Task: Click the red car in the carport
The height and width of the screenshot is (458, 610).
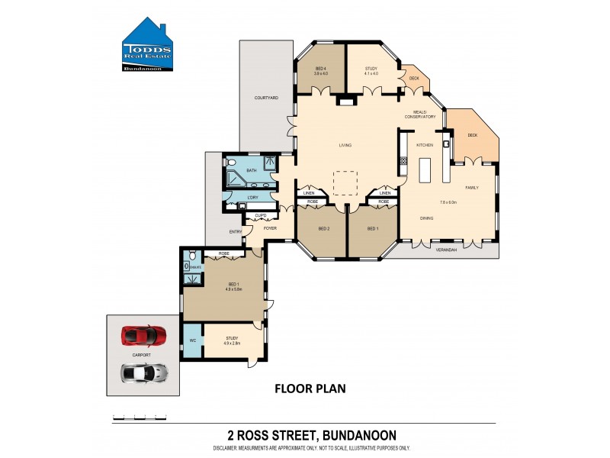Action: coord(143,335)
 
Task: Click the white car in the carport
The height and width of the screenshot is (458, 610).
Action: coord(143,373)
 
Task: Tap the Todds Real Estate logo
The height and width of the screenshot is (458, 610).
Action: coord(149,48)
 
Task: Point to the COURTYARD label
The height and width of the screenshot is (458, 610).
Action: coord(265,98)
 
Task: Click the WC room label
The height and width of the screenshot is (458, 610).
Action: coord(192,340)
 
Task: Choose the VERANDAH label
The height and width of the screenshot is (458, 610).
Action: coord(446,250)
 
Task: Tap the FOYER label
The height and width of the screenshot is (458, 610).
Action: coord(270,228)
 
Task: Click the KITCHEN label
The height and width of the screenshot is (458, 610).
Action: coord(424,145)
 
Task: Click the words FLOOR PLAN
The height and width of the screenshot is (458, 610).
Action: coord(310,389)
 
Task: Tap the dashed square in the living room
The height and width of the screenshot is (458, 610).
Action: coord(345,183)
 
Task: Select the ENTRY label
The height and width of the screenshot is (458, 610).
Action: coord(235,232)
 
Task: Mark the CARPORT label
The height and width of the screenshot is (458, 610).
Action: coord(141,355)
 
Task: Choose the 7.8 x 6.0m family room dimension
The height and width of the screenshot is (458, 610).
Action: coord(448,202)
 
